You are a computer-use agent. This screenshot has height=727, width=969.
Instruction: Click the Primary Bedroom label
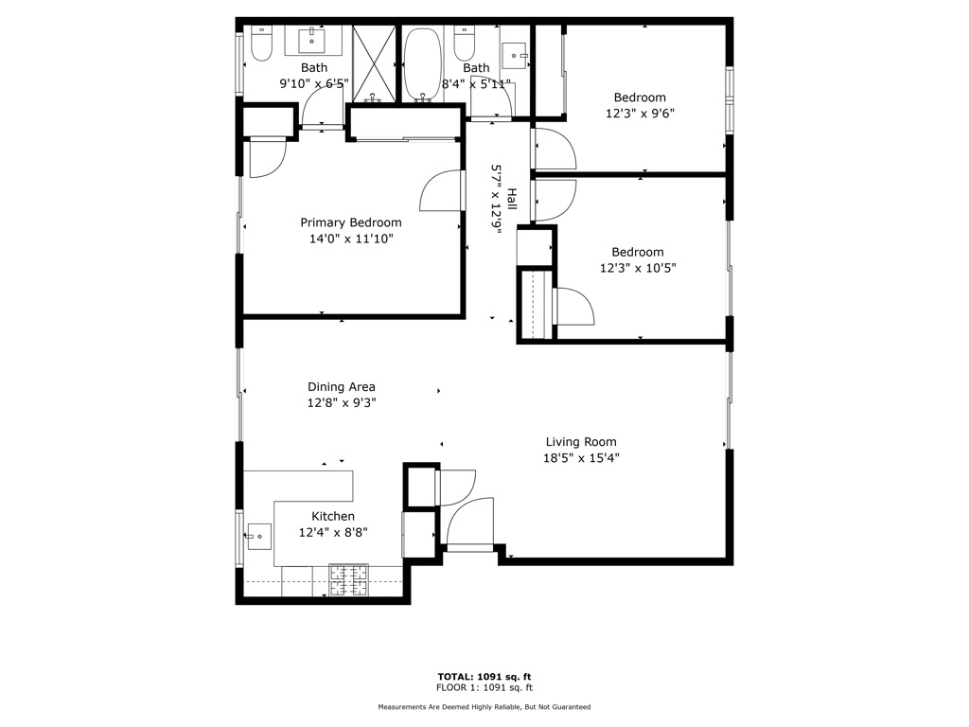350,222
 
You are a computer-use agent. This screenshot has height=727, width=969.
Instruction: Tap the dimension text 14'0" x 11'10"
350,239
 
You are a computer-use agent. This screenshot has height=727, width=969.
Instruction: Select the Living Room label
580,442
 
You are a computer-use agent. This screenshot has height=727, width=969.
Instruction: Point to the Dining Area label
341,386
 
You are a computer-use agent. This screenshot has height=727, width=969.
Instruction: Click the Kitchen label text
333,516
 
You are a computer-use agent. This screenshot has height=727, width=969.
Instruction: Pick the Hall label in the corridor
511,199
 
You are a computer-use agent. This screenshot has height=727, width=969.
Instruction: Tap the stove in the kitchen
349,580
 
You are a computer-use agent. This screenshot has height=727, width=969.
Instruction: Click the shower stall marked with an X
374,62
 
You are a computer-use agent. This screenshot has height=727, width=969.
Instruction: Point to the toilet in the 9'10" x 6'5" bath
261,44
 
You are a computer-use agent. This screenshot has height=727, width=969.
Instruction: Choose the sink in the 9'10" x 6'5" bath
313,41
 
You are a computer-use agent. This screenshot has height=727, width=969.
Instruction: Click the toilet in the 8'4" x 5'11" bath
463,44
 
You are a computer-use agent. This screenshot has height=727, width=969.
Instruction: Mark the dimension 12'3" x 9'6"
640,113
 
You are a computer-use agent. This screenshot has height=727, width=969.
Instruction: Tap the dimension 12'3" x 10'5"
637,268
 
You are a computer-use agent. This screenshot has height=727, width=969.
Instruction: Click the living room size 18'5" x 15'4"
580,458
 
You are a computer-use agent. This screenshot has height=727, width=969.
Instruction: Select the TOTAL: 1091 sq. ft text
484,677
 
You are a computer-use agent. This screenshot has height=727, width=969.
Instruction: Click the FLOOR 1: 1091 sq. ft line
484,688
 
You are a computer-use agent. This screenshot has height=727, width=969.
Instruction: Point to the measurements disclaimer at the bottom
484,707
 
